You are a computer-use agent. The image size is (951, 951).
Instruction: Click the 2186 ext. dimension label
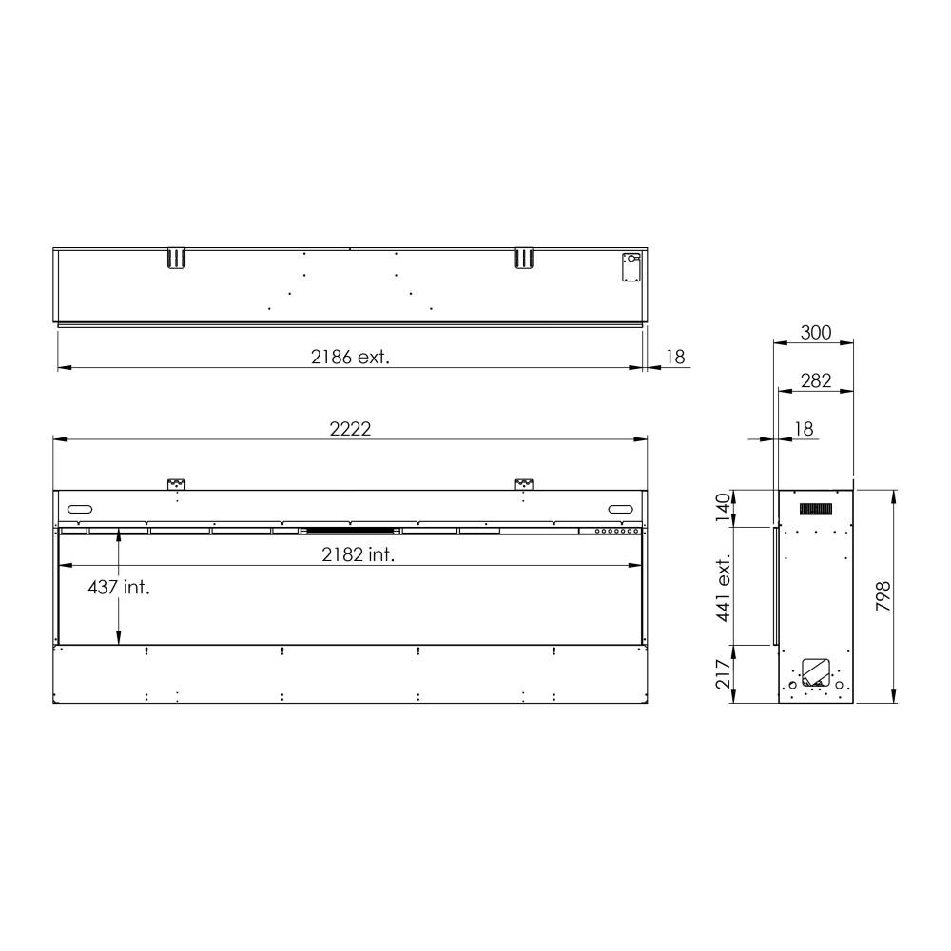tap(351, 358)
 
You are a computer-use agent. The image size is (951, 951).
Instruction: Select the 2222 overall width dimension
tap(350, 428)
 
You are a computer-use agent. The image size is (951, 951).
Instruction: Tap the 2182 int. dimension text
tap(358, 555)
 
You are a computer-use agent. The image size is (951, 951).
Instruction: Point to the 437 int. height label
tap(119, 588)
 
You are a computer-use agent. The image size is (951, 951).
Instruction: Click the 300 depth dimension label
tap(815, 333)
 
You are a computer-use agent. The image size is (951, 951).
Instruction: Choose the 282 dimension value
tap(815, 381)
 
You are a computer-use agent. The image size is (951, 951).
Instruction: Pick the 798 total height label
tap(883, 596)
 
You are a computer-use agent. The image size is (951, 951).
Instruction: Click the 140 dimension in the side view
tap(724, 508)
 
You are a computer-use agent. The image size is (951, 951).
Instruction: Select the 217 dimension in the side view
tap(724, 674)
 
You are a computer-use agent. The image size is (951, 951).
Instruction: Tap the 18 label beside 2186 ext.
tap(675, 358)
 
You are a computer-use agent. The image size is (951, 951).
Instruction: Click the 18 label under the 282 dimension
tap(804, 430)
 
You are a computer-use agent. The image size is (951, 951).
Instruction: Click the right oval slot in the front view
tap(620, 507)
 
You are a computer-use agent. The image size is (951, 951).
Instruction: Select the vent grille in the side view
tap(816, 510)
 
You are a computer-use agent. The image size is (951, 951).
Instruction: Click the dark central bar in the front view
tap(349, 530)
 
